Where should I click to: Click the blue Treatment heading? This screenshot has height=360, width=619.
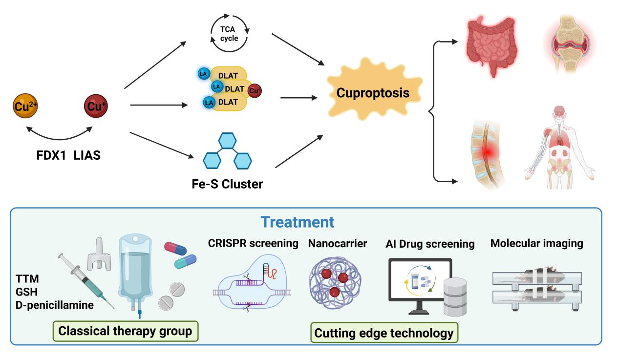click(298, 222)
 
